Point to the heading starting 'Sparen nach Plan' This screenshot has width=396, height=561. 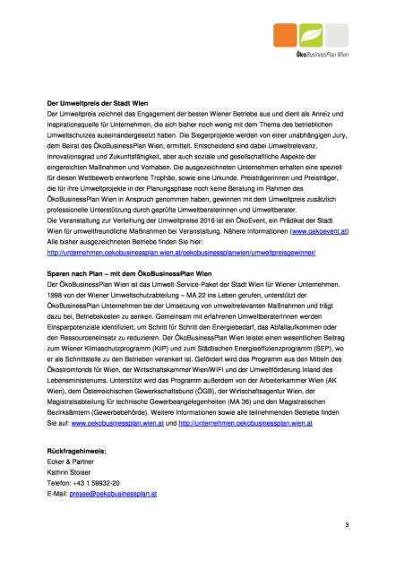tap(129, 272)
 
